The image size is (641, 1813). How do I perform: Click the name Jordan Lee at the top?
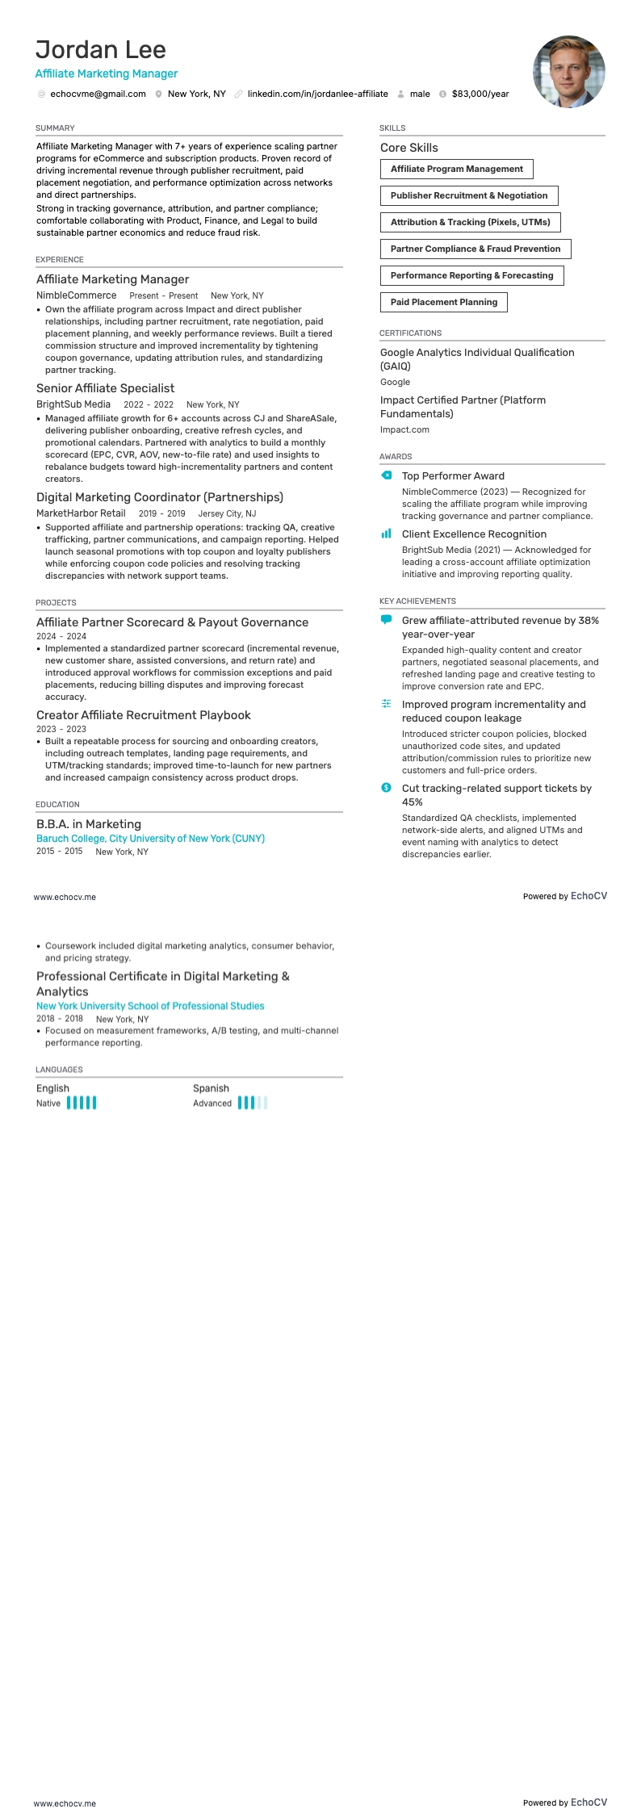pos(101,50)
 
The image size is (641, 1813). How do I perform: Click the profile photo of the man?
pos(568,72)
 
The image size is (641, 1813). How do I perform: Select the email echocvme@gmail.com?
pos(98,94)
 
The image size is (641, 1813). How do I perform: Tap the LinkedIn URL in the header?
pos(317,94)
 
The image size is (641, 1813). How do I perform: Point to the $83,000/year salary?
pos(480,94)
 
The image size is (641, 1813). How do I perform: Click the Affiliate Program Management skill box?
pos(456,170)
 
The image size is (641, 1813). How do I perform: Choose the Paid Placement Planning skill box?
pos(443,303)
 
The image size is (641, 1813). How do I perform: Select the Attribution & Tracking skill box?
pos(470,223)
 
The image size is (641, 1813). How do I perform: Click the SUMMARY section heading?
pos(55,128)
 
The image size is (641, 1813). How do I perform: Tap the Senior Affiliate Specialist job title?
pos(105,388)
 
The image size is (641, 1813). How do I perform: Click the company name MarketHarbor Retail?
pos(81,513)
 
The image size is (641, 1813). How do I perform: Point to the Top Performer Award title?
pos(453,476)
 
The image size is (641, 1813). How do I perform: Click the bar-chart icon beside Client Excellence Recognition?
pos(387,534)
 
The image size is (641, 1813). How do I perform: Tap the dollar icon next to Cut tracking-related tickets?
pos(387,788)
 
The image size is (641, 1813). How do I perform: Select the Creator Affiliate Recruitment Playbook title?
pos(144,715)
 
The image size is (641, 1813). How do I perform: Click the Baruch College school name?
pos(150,839)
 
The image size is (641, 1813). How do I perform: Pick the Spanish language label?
pos(211,1088)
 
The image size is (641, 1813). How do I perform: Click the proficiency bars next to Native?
pos(82,1103)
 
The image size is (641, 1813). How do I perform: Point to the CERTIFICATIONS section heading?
pos(410,333)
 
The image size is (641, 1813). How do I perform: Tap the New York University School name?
pos(150,1006)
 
